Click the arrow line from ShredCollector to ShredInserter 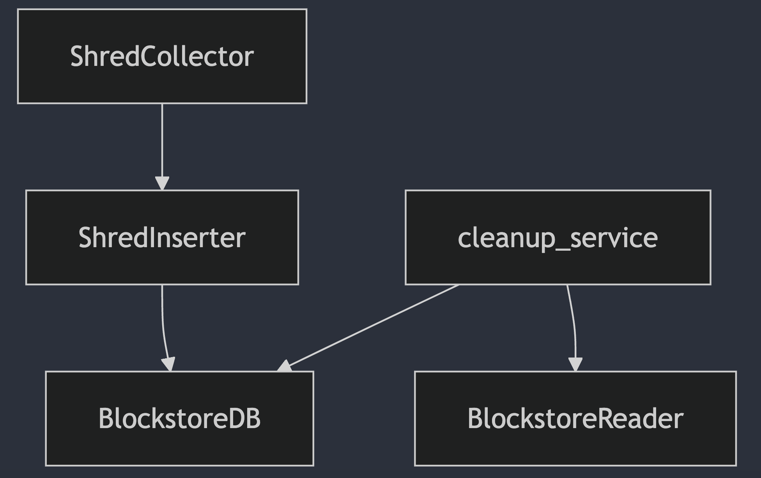162,140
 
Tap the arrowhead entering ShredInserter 162,183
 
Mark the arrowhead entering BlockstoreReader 575,364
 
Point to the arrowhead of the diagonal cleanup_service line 285,366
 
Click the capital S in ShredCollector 77,57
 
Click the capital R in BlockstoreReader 606,418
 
